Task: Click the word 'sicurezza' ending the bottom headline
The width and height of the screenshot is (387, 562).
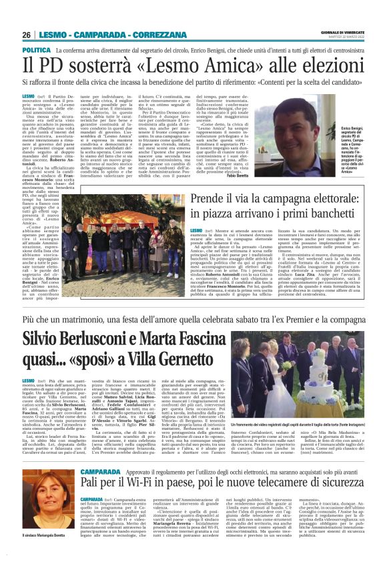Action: [x=342, y=481]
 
